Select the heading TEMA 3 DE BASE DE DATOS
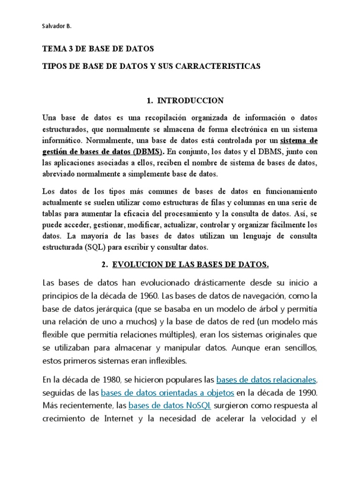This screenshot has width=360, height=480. (x=98, y=49)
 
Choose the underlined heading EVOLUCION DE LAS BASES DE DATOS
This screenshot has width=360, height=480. (x=190, y=265)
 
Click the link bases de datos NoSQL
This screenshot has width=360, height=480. (x=170, y=405)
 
